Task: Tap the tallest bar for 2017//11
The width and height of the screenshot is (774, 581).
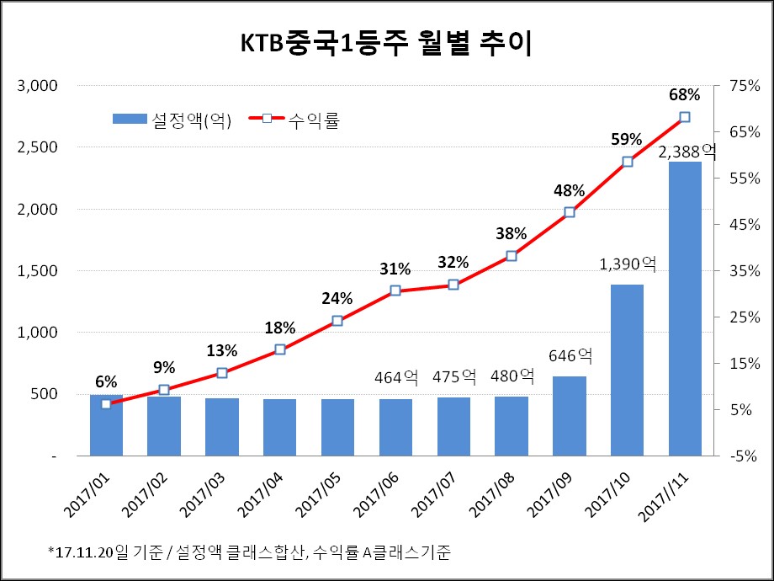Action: (685, 308)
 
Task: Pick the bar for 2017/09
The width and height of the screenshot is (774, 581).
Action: (569, 416)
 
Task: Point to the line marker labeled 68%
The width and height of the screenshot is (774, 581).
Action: (685, 117)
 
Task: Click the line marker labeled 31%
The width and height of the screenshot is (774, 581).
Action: (395, 290)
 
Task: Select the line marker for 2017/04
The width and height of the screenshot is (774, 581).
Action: (280, 349)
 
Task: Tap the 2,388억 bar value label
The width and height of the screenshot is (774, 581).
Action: (687, 152)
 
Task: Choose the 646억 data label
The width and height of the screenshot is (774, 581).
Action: (570, 357)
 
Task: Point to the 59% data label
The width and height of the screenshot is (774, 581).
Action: (627, 139)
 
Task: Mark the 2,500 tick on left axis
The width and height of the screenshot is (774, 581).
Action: (37, 147)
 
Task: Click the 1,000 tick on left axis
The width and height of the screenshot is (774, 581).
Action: (37, 333)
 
